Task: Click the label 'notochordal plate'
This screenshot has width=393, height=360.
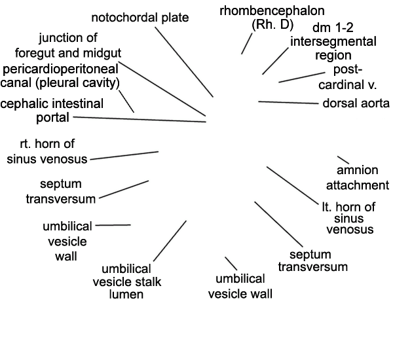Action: click(x=140, y=18)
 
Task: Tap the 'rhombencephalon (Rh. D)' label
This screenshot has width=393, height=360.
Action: click(x=272, y=18)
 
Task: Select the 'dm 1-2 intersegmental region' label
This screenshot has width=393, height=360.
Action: click(x=333, y=41)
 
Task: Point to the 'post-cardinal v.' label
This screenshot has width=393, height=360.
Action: click(x=348, y=77)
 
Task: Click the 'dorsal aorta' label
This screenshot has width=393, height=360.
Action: click(x=356, y=103)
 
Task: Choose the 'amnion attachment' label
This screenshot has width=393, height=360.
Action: click(x=358, y=178)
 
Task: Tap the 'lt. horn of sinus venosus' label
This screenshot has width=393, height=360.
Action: click(x=349, y=218)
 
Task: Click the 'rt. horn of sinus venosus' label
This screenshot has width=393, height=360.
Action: click(x=47, y=152)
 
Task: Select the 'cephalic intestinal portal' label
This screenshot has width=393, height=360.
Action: click(x=52, y=111)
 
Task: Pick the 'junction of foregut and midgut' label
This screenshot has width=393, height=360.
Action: click(x=68, y=45)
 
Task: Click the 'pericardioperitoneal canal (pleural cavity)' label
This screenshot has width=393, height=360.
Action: click(x=60, y=76)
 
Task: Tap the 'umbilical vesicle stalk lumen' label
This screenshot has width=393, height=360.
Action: click(x=127, y=281)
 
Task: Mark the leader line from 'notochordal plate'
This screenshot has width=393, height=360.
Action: click(x=184, y=62)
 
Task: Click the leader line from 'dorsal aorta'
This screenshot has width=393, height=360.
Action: click(x=288, y=103)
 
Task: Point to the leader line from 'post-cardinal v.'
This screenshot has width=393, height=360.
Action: click(x=302, y=77)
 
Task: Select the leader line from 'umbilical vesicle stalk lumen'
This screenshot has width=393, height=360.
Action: click(x=170, y=241)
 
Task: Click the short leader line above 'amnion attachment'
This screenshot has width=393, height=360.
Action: click(x=343, y=160)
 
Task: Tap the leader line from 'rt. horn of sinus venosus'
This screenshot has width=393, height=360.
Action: click(x=124, y=156)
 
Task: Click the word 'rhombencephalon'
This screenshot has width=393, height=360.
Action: click(x=272, y=11)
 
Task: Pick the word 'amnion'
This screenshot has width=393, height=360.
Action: click(x=358, y=170)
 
